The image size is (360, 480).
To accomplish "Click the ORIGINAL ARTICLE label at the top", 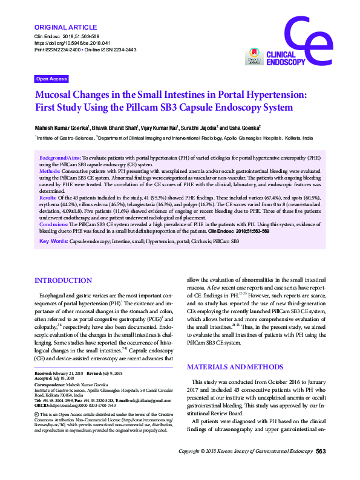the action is tap(66, 27).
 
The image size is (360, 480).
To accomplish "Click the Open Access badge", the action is tap(51, 79).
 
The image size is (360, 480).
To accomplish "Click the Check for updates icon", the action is tap(254, 57).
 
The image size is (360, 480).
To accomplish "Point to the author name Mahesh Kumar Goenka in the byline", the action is tap(62, 128).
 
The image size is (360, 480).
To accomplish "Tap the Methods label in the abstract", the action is tap(50, 172).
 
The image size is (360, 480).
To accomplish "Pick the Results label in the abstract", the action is tap(48, 198).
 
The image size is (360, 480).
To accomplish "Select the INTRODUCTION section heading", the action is tap(64, 281).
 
